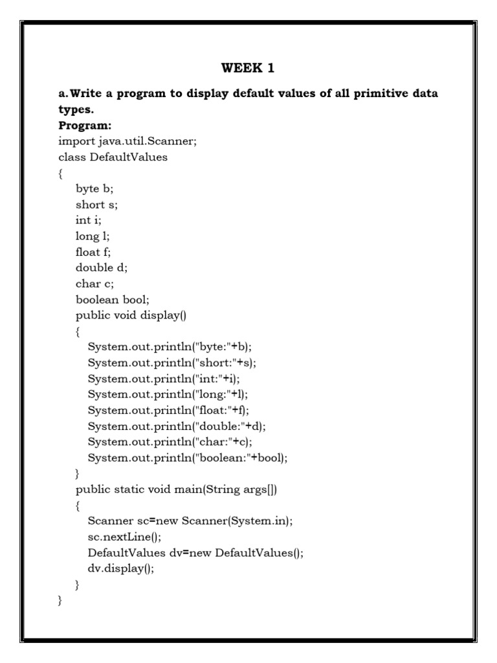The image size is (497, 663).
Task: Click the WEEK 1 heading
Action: (248, 67)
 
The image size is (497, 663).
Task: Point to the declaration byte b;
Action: (94, 189)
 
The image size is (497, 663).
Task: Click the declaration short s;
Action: (97, 205)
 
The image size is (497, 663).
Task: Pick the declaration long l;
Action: (93, 236)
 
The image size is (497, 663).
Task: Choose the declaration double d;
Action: (100, 267)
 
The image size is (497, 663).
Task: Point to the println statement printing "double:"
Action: (177, 426)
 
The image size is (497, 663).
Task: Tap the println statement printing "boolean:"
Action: (188, 458)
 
